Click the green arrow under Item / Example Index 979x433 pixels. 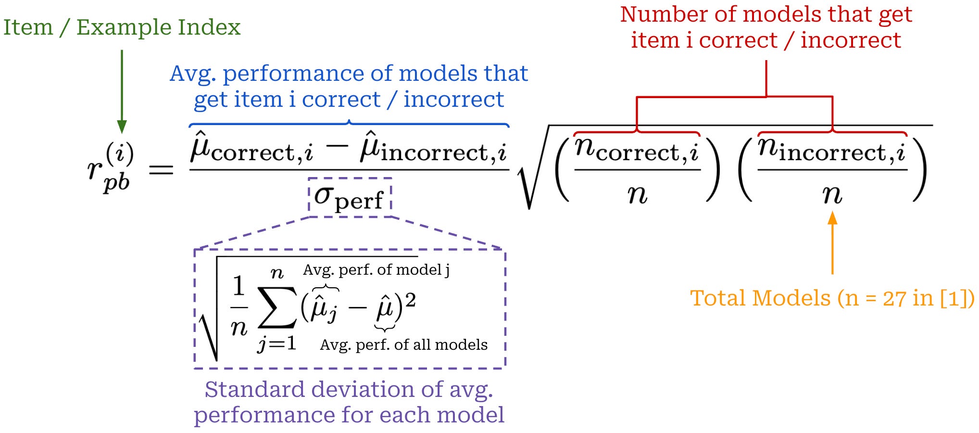pyautogui.click(x=122, y=91)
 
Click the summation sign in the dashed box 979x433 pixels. pyautogui.click(x=277, y=307)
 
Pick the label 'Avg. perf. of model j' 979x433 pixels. pyautogui.click(x=376, y=270)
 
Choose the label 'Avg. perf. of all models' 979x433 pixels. pyautogui.click(x=403, y=345)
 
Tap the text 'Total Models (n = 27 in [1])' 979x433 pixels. pyautogui.click(x=832, y=298)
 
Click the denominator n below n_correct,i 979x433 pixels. pyautogui.click(x=638, y=195)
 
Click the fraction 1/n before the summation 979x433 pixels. pyautogui.click(x=239, y=307)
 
